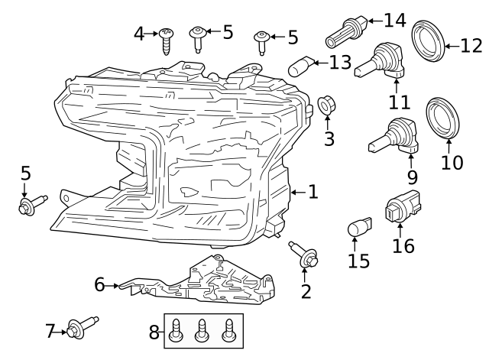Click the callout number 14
394,20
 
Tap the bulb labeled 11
381,64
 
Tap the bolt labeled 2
304,255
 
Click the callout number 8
154,332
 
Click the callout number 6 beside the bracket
99,285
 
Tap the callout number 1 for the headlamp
312,191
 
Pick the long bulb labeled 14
344,31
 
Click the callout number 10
452,162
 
